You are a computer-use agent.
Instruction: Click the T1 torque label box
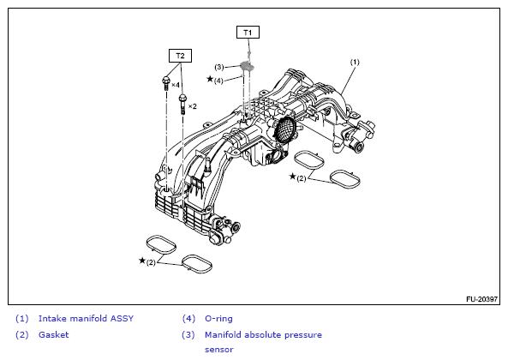coord(248,33)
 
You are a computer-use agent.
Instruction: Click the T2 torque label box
coord(180,56)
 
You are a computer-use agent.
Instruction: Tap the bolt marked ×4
coord(166,83)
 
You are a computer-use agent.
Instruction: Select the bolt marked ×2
coord(182,104)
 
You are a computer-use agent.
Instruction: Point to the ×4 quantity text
coord(176,85)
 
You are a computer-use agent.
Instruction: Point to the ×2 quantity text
coord(193,106)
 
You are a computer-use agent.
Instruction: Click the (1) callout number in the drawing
coord(355,62)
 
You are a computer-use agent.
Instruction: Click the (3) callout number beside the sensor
coord(219,67)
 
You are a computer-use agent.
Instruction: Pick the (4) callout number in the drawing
coord(218,81)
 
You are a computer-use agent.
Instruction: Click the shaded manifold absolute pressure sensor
coord(248,66)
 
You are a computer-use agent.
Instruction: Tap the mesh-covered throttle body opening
coord(285,129)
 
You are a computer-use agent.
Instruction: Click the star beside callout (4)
coord(210,79)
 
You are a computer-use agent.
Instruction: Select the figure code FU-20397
coord(481,299)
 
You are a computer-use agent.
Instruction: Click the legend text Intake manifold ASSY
coord(86,319)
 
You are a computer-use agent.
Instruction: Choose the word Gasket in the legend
coord(53,335)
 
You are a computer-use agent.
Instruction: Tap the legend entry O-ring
coord(218,319)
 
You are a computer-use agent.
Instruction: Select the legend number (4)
coord(188,319)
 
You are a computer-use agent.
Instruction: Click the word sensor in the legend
coord(219,350)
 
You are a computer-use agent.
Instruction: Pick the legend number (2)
coord(22,335)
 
